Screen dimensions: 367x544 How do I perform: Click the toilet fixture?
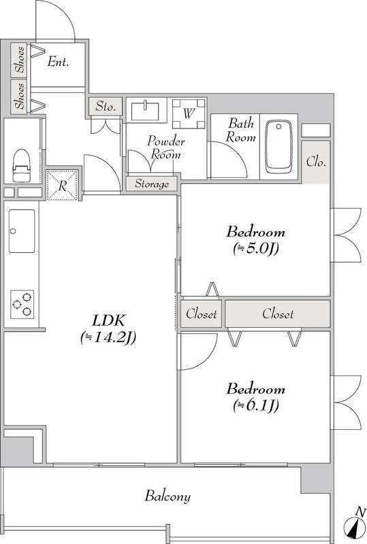pos(21,165)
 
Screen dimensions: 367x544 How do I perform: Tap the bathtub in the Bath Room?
pos(278,147)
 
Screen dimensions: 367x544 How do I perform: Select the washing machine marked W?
pos(189,114)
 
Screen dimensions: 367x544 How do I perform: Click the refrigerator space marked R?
pos(62,185)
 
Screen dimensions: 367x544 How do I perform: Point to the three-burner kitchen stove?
pos(22,304)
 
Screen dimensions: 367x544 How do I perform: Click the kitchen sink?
pos(22,231)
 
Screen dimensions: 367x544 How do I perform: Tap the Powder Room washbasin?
pos(145,111)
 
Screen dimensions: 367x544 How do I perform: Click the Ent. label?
pos(58,62)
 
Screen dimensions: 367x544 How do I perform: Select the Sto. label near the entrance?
pos(106,106)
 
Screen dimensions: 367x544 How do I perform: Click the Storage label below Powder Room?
pos(152,184)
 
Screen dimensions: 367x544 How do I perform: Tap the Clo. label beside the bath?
pos(316,162)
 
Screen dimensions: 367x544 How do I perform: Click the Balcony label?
pos(167,496)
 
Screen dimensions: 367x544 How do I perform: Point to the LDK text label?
pos(108,320)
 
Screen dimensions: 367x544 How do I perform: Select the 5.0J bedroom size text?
pos(256,248)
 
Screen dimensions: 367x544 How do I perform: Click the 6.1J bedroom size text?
pos(256,405)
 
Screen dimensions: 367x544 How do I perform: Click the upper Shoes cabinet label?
pos(20,59)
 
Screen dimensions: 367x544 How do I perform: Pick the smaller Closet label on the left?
pos(202,314)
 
